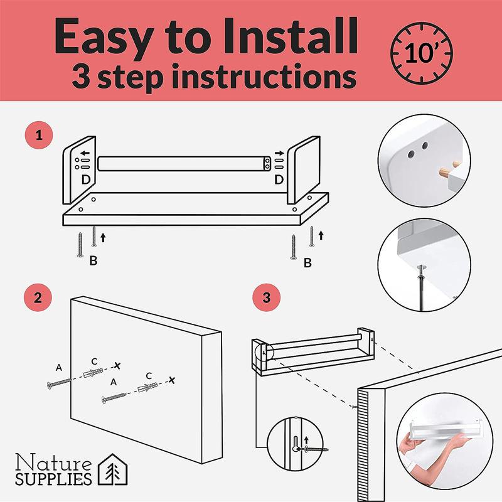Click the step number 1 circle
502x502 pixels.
pos(39,135)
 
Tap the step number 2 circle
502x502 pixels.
pos(38,297)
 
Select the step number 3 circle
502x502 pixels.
pos(266,297)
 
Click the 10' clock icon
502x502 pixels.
pos(421,53)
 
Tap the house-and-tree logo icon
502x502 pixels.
pos(112,469)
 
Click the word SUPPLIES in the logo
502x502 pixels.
pos(53,479)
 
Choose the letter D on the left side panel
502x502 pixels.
pos(86,180)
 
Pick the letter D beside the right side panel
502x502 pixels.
pos(279,179)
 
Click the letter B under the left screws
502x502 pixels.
pos(93,260)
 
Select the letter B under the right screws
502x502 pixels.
pos(307,263)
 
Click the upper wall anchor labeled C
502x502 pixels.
pos(93,372)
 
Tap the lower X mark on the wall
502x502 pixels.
pos(172,380)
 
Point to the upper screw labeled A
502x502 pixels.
pos(59,383)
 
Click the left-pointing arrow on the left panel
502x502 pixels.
pos(85,153)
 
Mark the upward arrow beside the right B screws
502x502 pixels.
pos(321,235)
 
